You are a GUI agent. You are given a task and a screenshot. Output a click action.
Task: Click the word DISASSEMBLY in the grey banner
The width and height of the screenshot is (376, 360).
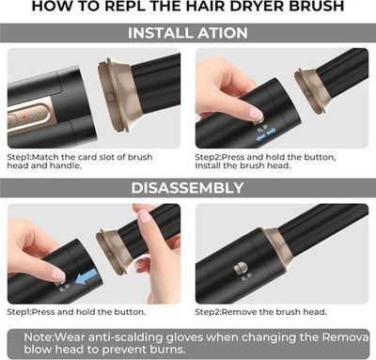[x=187, y=188]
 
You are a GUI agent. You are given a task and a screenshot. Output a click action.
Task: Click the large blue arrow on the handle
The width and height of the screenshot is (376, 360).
[x=87, y=277]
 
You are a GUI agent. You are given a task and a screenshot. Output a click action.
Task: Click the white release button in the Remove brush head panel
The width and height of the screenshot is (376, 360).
[x=241, y=269]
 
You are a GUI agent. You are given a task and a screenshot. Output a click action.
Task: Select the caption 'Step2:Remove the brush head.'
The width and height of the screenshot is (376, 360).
[x=260, y=312]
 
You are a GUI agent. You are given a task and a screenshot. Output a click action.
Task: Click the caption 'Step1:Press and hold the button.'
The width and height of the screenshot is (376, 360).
[x=76, y=312]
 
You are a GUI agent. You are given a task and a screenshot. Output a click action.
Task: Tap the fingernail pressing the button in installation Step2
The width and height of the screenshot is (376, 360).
[x=256, y=114]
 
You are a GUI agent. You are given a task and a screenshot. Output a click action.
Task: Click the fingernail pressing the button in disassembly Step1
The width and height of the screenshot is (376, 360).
[x=58, y=275]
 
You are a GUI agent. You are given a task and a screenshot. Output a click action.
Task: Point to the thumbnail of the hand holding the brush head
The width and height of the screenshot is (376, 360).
[x=144, y=216]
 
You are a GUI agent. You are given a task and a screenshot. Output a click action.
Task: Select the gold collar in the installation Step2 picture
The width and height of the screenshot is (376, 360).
[x=311, y=90]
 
